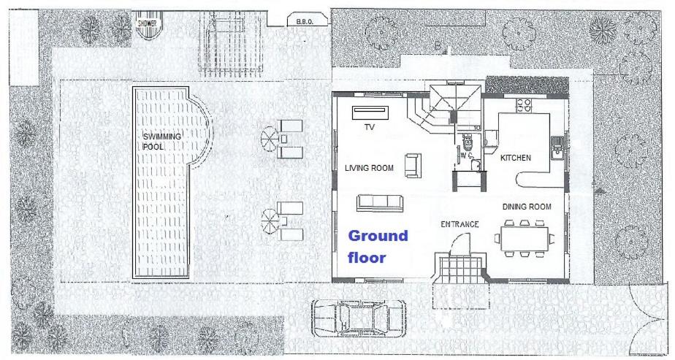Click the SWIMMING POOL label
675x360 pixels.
click(x=162, y=142)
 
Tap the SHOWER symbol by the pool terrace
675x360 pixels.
click(x=147, y=28)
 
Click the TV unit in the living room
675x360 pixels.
click(x=370, y=112)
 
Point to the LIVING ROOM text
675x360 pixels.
click(x=369, y=168)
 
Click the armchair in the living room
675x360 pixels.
click(x=413, y=165)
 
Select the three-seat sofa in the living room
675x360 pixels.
click(x=380, y=203)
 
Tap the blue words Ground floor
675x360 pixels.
click(x=378, y=247)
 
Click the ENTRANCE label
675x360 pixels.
click(x=459, y=224)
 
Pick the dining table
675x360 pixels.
click(x=524, y=239)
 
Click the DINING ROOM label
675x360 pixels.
click(x=527, y=207)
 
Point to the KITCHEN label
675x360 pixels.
click(x=515, y=158)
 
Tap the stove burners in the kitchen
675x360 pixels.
click(x=524, y=105)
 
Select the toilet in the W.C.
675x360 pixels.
click(x=467, y=141)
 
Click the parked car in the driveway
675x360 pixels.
click(x=359, y=318)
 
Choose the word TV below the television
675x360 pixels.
click(x=370, y=127)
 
